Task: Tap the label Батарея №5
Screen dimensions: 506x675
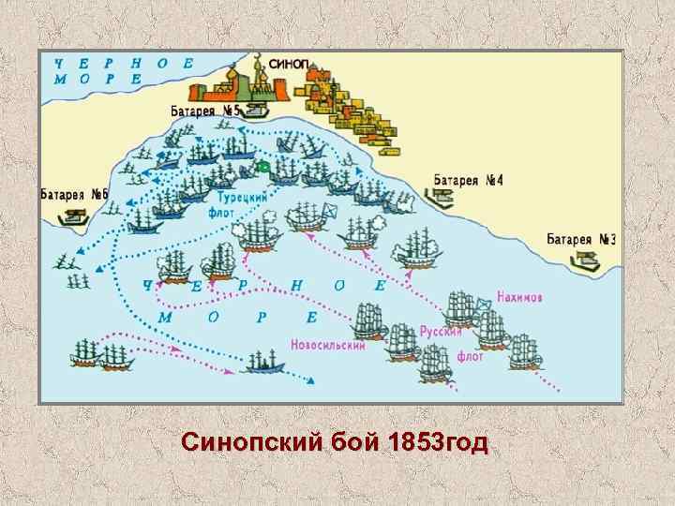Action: pos(203,111)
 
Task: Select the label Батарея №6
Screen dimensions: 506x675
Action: pos(74,195)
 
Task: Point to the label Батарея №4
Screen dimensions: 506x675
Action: pos(469,179)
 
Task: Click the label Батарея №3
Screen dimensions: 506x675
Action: pos(581,240)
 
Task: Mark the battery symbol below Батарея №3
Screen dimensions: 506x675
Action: pos(585,260)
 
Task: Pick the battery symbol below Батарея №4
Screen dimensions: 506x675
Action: pos(440,198)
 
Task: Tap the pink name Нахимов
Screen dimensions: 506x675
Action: pos(519,297)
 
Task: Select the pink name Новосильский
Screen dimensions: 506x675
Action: pos(328,343)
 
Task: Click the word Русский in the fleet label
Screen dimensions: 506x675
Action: pos(440,331)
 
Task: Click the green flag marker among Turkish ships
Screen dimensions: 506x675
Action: pos(263,167)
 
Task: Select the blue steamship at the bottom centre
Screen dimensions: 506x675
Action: pos(265,361)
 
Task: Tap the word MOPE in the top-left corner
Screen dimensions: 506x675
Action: pos(94,80)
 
